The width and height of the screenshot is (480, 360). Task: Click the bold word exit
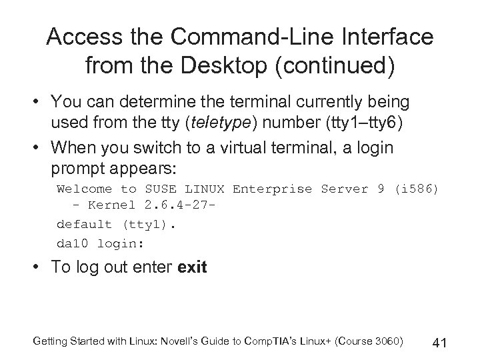193,268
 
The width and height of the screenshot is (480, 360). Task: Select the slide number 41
439,343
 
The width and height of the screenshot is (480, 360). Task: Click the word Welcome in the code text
84,189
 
